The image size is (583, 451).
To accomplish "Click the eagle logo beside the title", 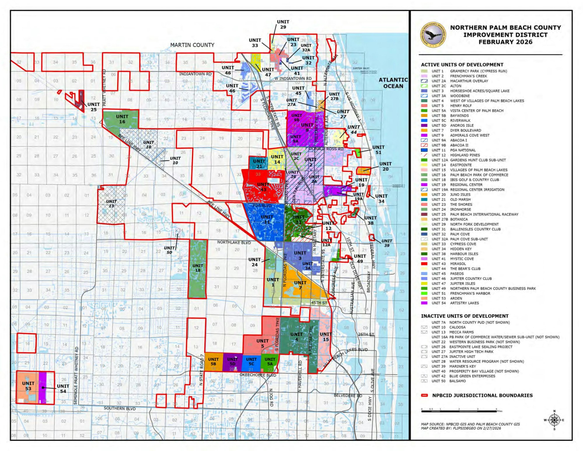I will tap(433, 35).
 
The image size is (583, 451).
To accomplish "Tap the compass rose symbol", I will tap(554, 420).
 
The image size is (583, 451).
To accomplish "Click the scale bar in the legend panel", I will tap(459, 411).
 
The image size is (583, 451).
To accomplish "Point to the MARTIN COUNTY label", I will tap(192, 45).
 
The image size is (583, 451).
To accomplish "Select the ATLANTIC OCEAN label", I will tap(393, 83).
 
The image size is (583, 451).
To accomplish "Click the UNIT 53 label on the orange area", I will tap(28, 386).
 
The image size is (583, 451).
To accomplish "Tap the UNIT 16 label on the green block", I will tap(122, 119).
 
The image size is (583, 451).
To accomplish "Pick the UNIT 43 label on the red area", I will tap(263, 187).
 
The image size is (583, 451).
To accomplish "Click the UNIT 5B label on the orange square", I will tap(213, 361).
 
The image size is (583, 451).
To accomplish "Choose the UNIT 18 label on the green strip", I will tap(198, 268).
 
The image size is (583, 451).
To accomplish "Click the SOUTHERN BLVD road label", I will tap(120, 408).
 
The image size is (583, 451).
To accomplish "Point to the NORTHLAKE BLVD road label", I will tap(234, 242).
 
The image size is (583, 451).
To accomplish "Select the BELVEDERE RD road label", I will tap(348, 396).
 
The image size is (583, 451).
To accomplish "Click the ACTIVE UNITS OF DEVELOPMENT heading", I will tap(462, 65).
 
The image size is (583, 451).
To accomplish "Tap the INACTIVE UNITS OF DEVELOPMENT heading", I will tap(465, 316).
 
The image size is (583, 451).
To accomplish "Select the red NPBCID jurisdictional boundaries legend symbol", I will tap(424, 395).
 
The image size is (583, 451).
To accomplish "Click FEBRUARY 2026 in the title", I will tap(505, 42).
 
